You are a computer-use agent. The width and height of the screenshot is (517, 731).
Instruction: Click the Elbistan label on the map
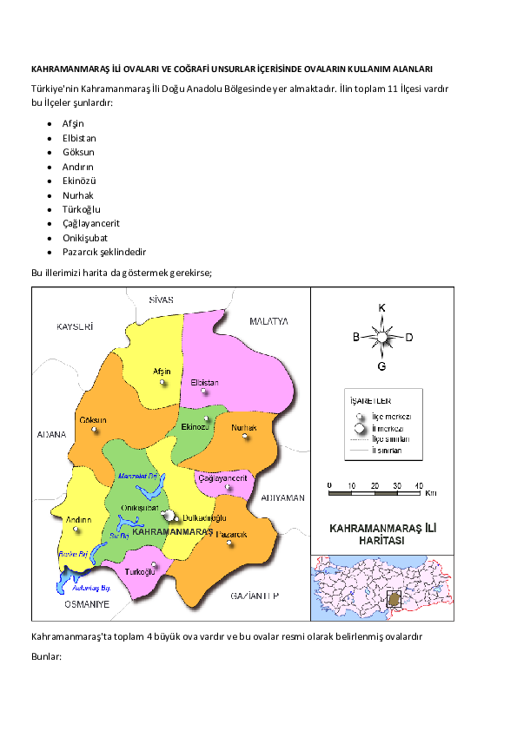point(204,383)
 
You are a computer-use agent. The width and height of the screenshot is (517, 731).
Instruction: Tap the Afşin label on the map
point(162,371)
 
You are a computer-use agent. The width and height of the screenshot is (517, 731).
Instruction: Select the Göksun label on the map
point(92,420)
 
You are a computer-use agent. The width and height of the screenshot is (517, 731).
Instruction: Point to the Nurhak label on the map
point(244,427)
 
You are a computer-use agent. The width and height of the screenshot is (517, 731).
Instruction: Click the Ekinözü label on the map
point(195,427)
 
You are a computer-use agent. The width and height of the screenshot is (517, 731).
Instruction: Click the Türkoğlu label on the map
point(140,572)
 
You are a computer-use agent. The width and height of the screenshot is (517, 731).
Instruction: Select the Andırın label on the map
point(79,520)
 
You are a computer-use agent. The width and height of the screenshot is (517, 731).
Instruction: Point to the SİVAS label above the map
point(162,300)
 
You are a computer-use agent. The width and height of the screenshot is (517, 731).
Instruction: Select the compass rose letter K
point(381,307)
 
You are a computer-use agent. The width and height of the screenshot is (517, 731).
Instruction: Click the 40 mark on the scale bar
point(419,484)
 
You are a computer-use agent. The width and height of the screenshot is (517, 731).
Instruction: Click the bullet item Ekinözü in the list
point(79,181)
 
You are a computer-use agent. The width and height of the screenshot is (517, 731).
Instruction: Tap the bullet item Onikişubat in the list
point(86,238)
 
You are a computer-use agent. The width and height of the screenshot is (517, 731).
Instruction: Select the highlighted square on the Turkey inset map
point(394,599)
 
